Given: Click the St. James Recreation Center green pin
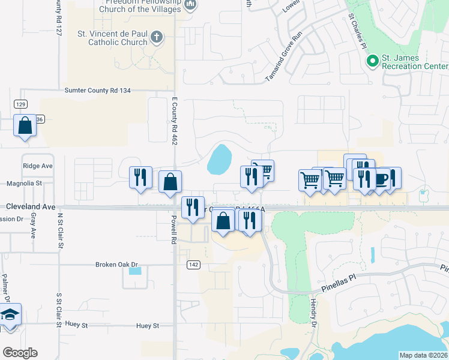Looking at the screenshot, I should tap(372, 61).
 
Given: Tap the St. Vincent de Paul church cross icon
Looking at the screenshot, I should tap(157, 37).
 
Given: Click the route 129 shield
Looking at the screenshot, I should tap(21, 104).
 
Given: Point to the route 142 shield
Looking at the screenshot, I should tap(193, 265).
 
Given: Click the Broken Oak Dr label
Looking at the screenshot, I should tap(116, 264).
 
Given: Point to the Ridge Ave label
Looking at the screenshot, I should tap(38, 166).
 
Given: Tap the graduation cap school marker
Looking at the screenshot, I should tap(10, 316).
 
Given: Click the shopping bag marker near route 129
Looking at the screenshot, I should tap(25, 126).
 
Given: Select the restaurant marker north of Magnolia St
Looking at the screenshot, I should tap(140, 177).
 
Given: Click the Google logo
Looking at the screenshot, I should tap(20, 353).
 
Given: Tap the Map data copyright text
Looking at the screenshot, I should tap(423, 355).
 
